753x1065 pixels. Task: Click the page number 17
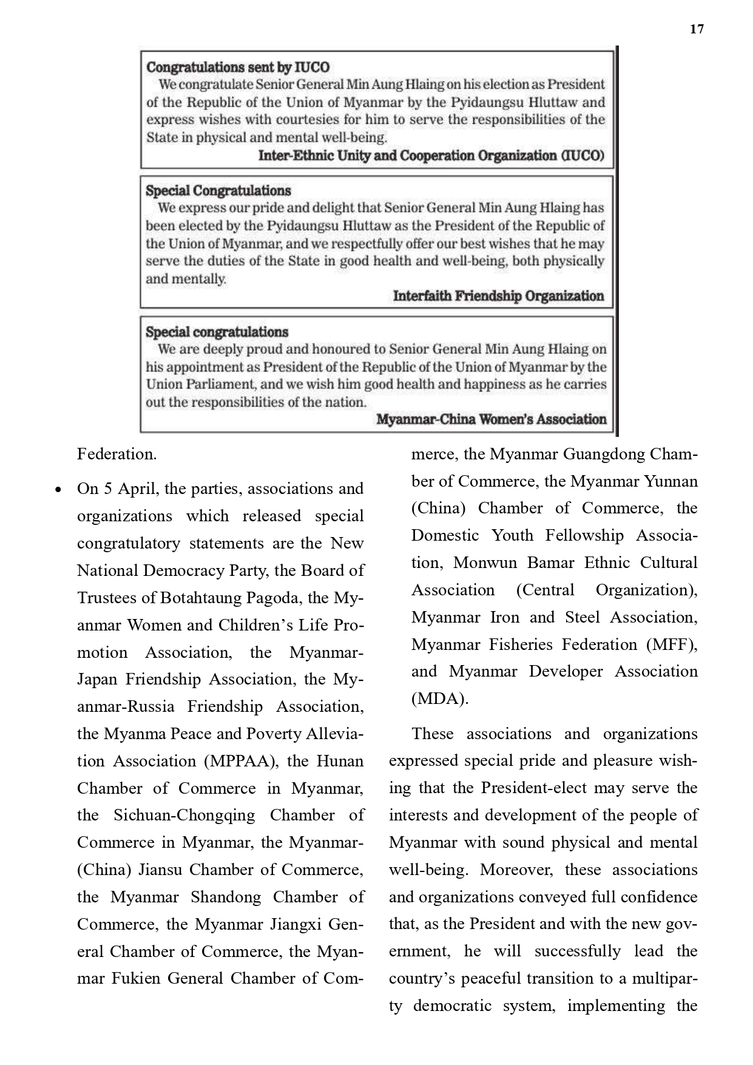tap(697, 29)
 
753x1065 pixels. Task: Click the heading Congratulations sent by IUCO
tap(238, 67)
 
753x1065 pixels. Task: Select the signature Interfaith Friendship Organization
tap(498, 296)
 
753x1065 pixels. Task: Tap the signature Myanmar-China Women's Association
tap(491, 419)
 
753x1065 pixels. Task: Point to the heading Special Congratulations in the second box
tap(218, 191)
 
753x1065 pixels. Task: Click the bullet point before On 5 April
tap(58, 489)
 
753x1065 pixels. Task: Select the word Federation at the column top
tap(116, 454)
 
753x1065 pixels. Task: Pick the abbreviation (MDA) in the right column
tap(439, 698)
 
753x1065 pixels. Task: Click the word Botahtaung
tap(201, 598)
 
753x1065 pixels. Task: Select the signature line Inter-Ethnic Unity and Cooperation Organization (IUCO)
tap(431, 156)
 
